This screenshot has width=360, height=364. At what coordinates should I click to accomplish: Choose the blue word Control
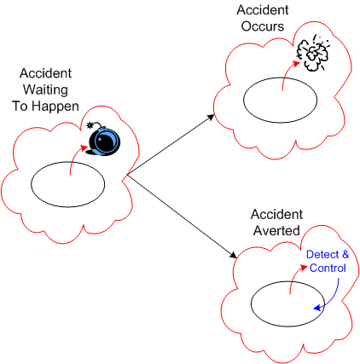click(328, 269)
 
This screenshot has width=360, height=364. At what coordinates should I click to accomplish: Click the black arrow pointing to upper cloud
click(171, 145)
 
